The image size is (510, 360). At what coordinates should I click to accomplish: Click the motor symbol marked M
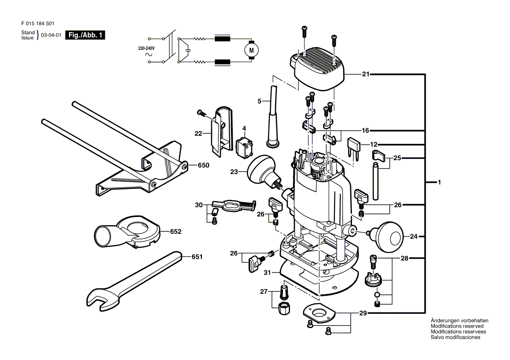click(x=251, y=50)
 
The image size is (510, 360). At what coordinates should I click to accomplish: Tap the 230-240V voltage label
click(x=146, y=48)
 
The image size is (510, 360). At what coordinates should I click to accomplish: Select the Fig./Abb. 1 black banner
click(x=85, y=35)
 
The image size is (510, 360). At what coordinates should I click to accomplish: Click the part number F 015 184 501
click(x=38, y=24)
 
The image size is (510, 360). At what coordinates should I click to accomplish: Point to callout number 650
click(x=203, y=165)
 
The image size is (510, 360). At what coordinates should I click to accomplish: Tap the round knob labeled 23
click(x=263, y=172)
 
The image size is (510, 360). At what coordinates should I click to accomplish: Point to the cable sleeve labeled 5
click(x=273, y=117)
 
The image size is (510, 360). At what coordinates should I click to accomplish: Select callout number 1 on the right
click(x=439, y=182)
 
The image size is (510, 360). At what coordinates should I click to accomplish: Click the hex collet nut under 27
click(x=284, y=308)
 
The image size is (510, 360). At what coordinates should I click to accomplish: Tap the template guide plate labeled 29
click(x=319, y=314)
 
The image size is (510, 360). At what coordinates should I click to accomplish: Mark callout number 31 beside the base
click(x=267, y=273)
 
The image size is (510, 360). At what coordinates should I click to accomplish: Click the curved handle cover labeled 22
click(x=221, y=130)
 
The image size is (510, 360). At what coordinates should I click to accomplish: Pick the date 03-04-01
click(x=51, y=35)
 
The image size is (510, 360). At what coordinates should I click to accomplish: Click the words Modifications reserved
click(x=457, y=326)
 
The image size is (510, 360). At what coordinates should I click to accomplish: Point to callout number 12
click(x=374, y=144)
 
